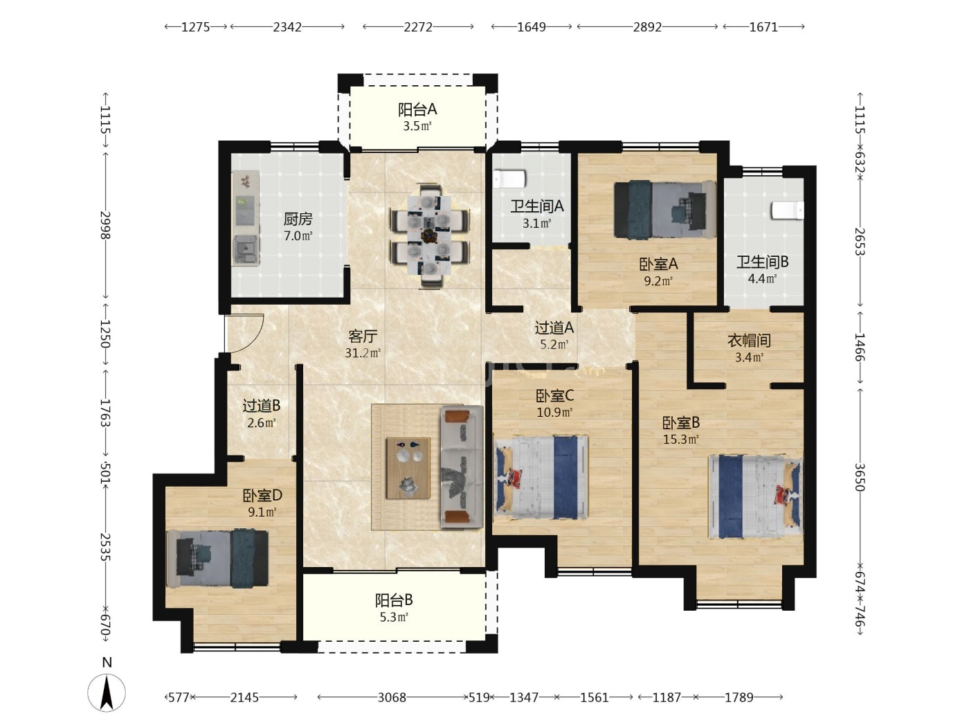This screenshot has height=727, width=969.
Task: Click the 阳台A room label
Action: click(417, 109)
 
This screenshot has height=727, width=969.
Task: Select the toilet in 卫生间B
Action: click(787, 210)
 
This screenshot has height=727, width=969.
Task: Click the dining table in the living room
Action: click(430, 237)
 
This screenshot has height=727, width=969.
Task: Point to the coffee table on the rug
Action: click(408, 468)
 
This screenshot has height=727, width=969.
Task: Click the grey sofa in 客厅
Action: click(462, 467)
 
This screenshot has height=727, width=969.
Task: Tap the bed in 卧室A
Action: click(664, 209)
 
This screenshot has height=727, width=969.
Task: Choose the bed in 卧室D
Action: click(217, 558)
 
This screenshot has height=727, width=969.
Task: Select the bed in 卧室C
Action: click(541, 477)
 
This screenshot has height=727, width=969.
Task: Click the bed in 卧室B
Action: click(755, 497)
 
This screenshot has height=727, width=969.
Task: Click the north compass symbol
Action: click(107, 692)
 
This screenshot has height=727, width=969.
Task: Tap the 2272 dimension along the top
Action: click(418, 27)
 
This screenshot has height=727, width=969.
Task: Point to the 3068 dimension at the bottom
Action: click(392, 697)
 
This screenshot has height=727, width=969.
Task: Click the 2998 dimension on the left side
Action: click(105, 225)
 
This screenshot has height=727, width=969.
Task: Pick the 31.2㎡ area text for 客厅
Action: click(363, 353)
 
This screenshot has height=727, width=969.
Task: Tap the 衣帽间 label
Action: click(749, 341)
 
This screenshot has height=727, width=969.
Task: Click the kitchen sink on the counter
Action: click(246, 250)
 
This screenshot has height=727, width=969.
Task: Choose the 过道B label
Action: click(262, 406)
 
